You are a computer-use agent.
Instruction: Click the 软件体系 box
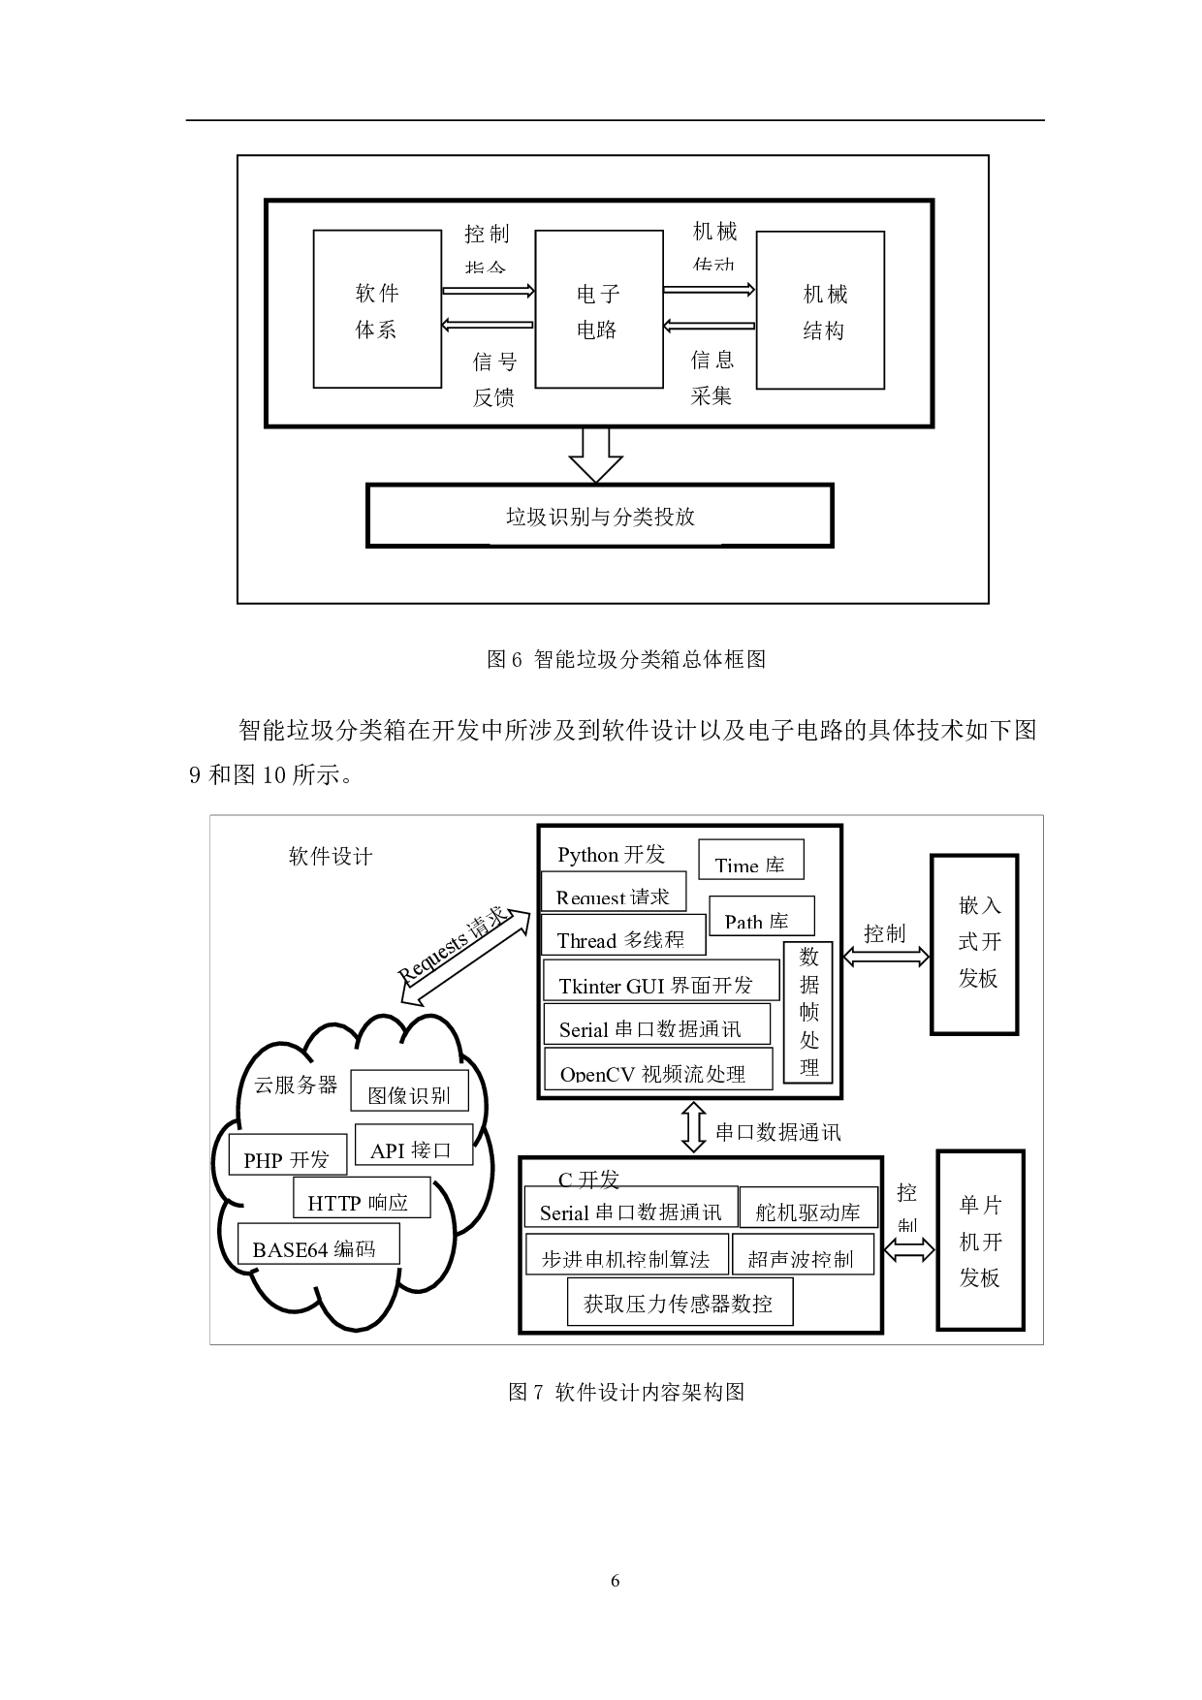click(377, 310)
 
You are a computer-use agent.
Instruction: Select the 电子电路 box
click(597, 310)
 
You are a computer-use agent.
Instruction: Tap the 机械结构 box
click(820, 310)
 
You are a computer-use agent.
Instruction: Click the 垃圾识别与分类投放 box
click(599, 517)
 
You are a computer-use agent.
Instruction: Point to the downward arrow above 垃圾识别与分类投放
click(595, 456)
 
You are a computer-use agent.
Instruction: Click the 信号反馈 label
click(493, 379)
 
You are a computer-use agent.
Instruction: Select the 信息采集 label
click(712, 378)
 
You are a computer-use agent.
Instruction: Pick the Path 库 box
click(761, 917)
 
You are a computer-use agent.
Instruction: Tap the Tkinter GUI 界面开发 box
click(660, 981)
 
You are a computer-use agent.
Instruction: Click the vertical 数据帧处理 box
click(809, 1013)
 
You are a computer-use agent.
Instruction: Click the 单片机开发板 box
click(980, 1240)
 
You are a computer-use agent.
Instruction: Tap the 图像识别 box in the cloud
click(408, 1092)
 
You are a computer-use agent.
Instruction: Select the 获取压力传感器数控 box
click(679, 1303)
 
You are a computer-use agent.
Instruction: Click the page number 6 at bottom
click(615, 1581)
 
